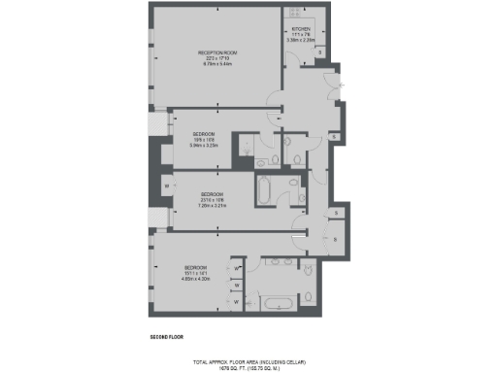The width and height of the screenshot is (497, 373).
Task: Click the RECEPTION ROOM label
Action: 217,51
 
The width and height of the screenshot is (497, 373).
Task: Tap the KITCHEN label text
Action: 300,29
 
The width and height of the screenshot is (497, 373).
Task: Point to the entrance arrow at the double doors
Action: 339,84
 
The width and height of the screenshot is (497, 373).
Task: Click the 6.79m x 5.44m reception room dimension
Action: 217,62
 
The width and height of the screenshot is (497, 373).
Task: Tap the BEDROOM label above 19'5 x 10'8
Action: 203,133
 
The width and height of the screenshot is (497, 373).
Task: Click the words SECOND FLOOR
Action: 165,337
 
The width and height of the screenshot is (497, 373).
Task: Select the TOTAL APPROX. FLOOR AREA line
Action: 248,359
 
